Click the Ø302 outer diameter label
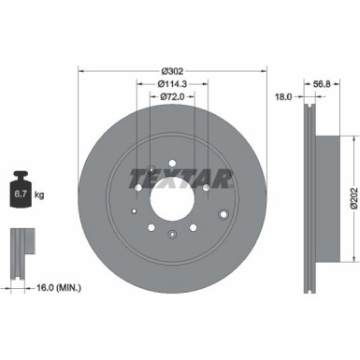click(171, 71)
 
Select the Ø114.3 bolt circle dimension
click(170, 84)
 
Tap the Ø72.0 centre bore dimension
click(170, 97)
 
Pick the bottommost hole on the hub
click(172, 237)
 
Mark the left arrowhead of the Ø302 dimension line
click(81, 71)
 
